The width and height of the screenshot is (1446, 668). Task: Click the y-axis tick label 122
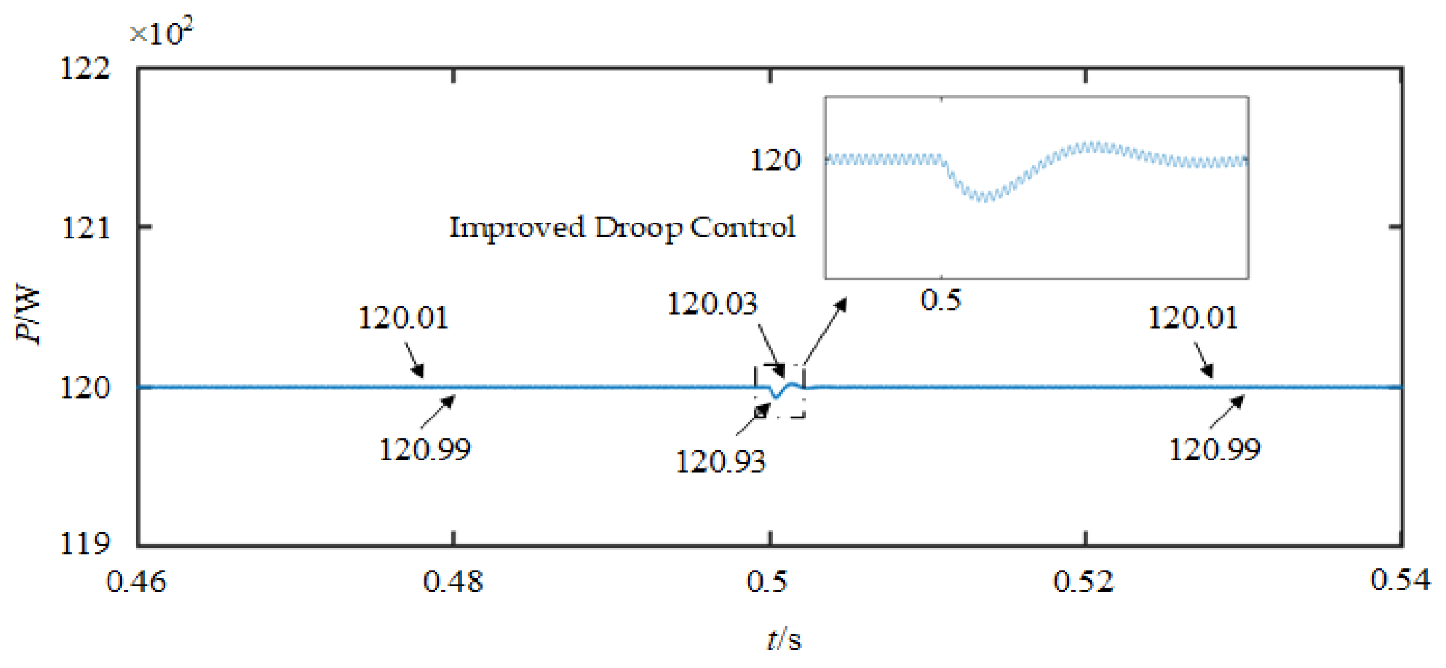click(85, 69)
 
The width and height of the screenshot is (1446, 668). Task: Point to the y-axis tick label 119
click(85, 544)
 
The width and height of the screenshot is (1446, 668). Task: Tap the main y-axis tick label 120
click(85, 388)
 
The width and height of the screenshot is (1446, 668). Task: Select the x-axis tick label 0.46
click(136, 581)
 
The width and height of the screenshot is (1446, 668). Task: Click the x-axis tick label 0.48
click(453, 581)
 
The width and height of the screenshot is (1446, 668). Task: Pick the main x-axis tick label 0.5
click(767, 581)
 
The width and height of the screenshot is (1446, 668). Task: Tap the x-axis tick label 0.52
click(1083, 581)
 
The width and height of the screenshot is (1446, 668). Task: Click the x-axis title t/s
click(784, 640)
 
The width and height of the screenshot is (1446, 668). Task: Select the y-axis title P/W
click(28, 315)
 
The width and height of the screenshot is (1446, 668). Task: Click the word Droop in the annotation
click(638, 227)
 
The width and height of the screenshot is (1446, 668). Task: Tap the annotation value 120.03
click(712, 304)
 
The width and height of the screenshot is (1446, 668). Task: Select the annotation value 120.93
click(720, 462)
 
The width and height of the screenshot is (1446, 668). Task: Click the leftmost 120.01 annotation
click(403, 318)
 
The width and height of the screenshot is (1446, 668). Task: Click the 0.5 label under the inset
click(941, 300)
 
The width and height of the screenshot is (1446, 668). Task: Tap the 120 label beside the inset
click(775, 160)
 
